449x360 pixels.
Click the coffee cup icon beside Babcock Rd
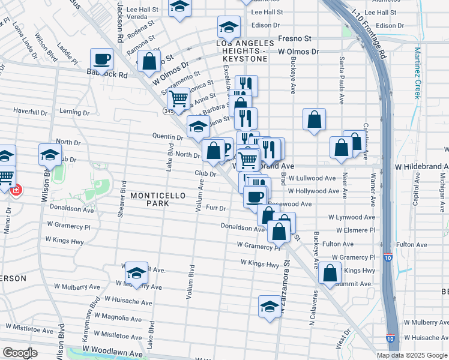coord(101,59)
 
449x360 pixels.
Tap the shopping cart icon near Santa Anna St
coord(178,98)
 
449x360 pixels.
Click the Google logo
coord(19,352)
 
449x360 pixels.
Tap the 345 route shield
coord(169,112)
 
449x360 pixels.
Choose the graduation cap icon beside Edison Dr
coord(228,27)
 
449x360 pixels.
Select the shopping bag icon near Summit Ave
coord(330,272)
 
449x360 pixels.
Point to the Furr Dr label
coord(215,208)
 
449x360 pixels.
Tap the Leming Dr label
coord(74,112)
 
